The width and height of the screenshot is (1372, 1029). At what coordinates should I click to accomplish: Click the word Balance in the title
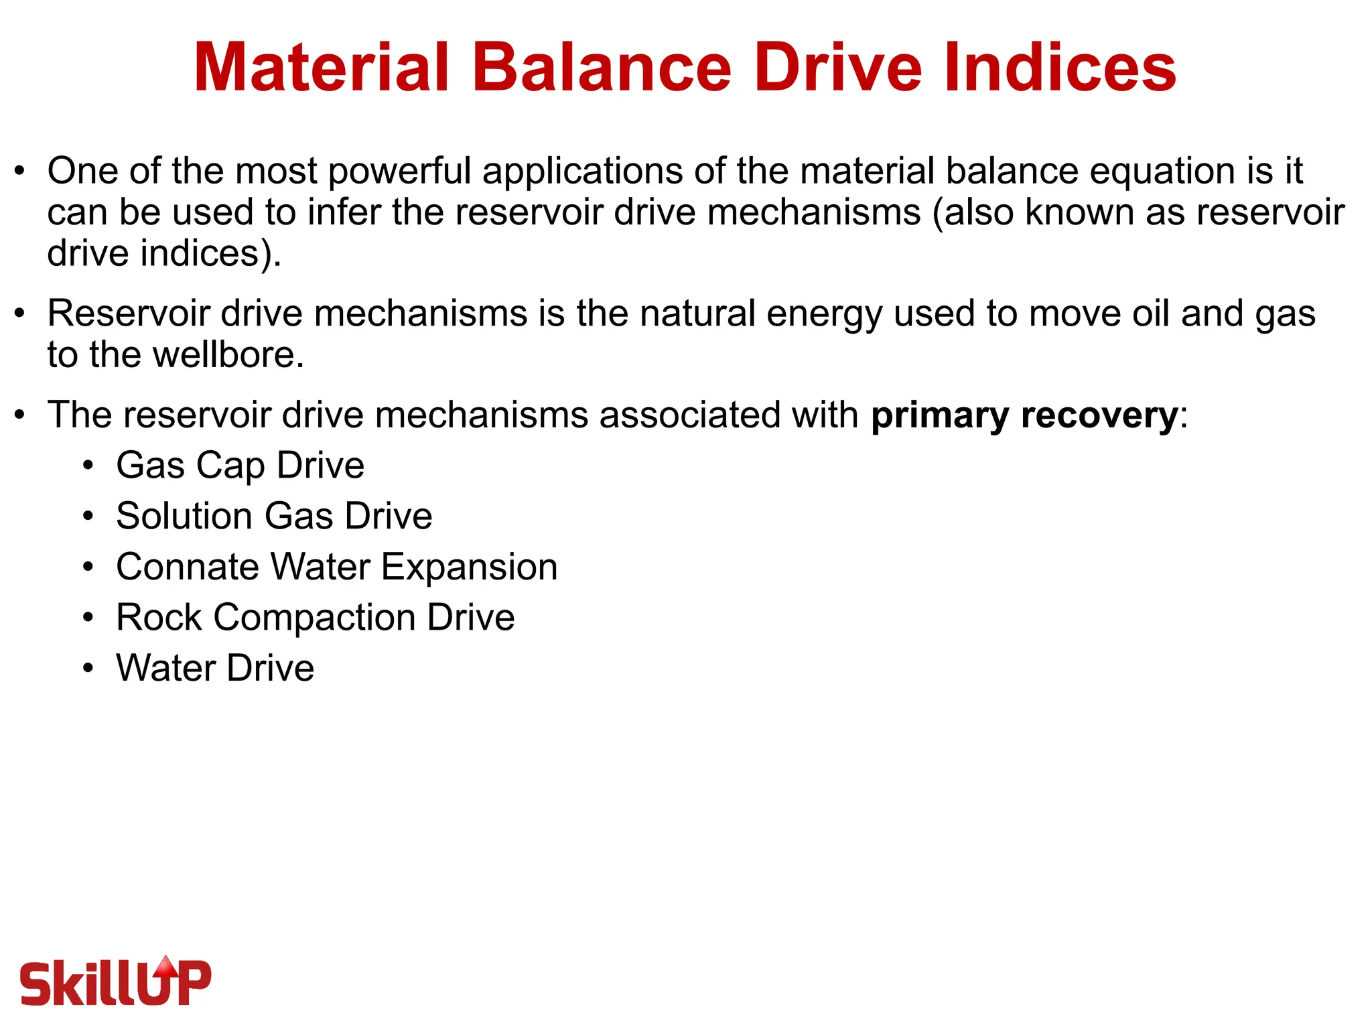point(602,68)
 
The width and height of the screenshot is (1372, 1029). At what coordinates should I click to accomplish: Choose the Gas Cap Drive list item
point(240,465)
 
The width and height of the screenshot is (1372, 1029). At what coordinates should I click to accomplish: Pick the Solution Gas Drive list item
point(274,516)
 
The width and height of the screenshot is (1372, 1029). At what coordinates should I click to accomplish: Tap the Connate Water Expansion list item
point(336,567)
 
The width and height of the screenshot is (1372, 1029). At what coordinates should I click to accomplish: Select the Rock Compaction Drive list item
point(315,617)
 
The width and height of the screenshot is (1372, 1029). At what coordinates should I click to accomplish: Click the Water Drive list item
point(215,668)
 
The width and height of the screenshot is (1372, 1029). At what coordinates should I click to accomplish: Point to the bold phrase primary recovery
point(1024,415)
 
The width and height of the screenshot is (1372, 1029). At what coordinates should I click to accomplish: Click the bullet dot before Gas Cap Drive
point(88,465)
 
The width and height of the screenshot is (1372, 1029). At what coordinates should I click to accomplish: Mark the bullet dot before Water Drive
point(88,668)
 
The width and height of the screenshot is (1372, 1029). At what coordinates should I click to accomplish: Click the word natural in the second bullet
point(697,314)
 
